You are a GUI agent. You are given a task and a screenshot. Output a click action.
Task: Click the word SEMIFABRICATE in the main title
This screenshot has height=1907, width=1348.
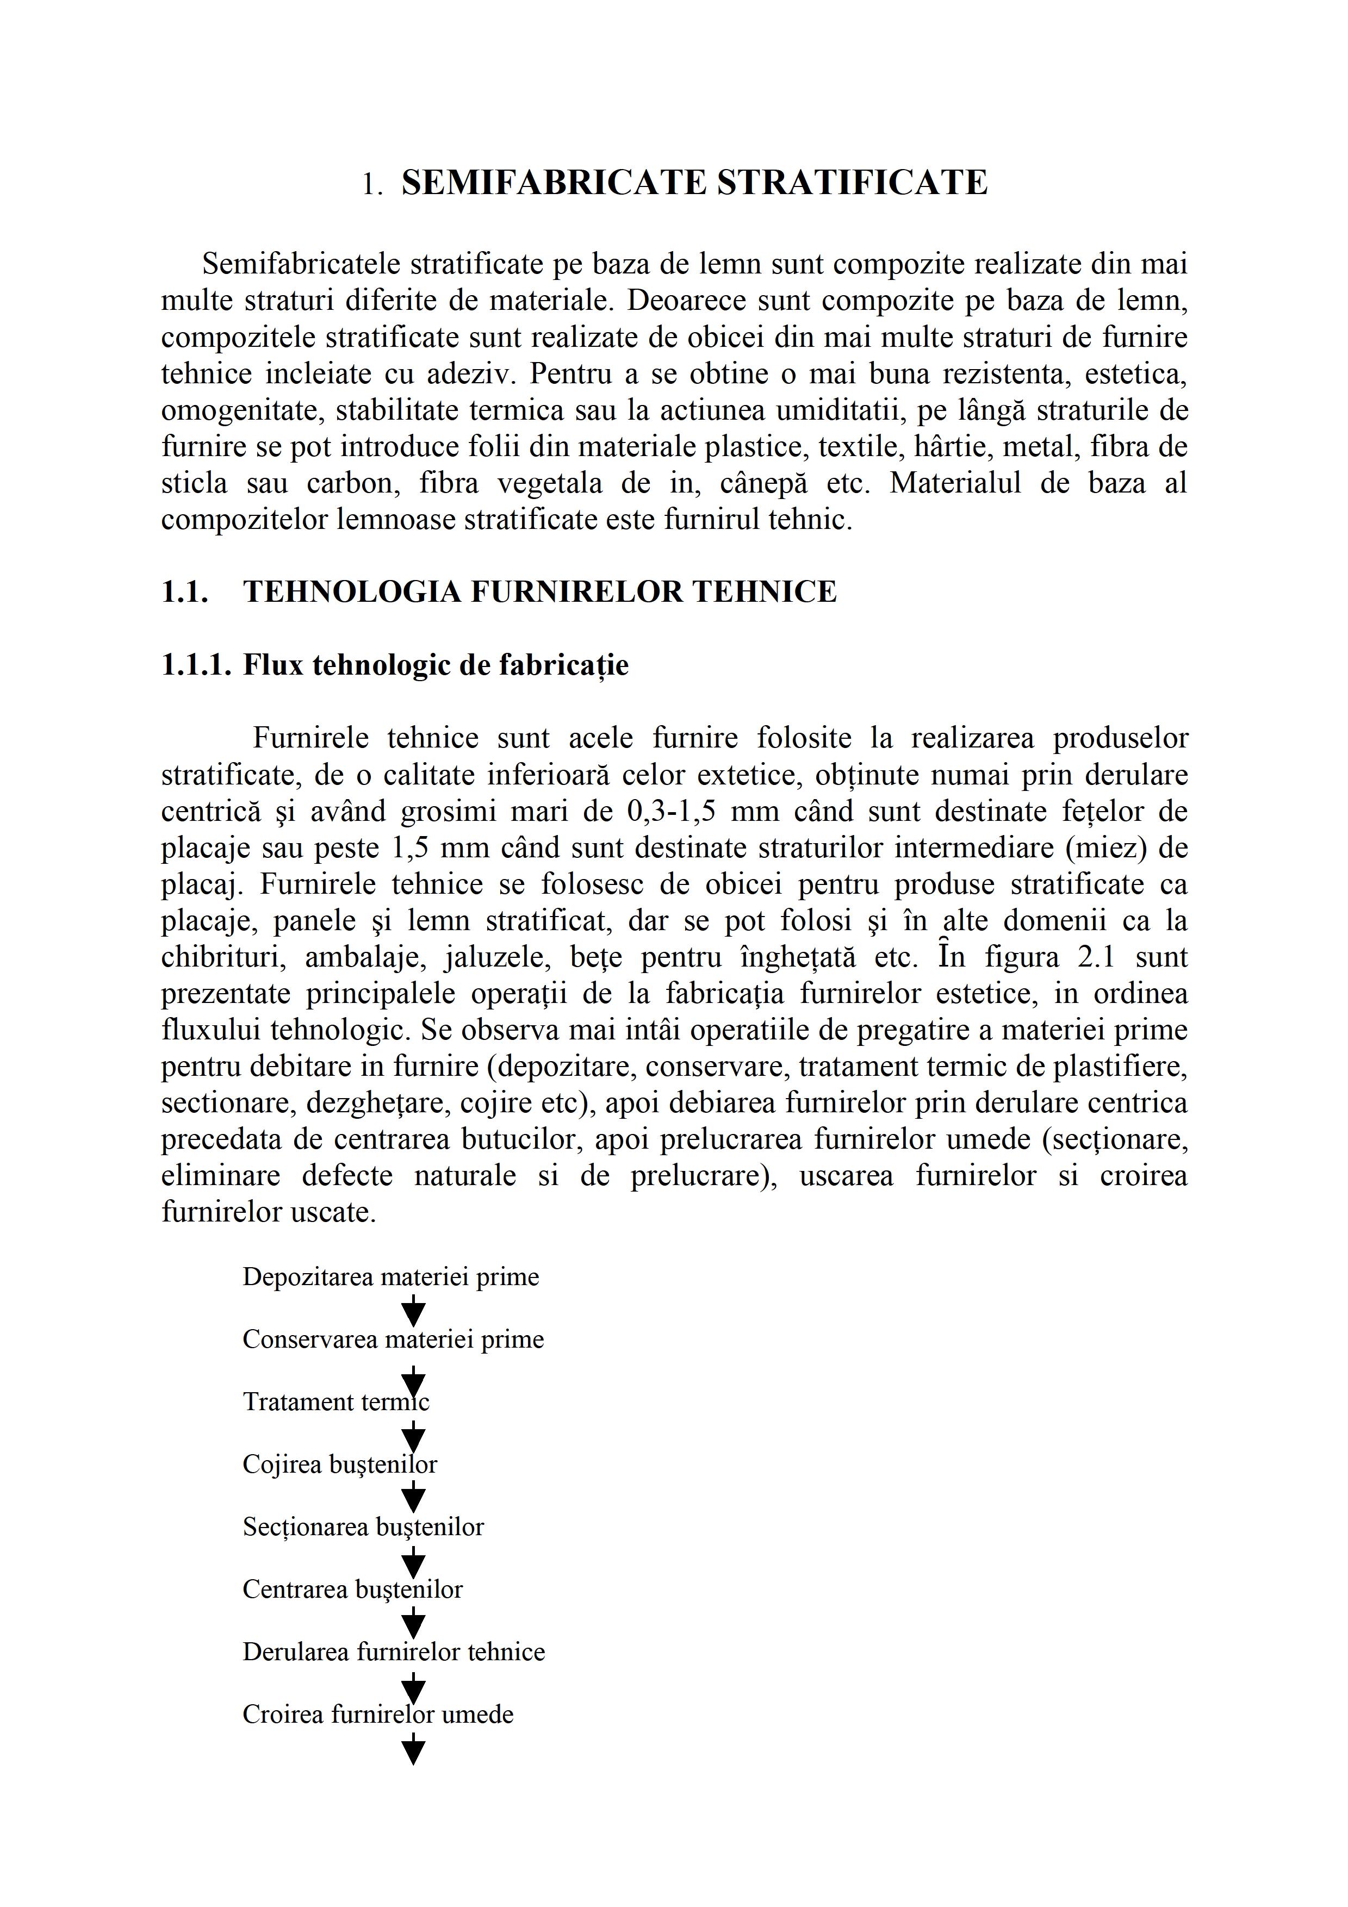click(554, 183)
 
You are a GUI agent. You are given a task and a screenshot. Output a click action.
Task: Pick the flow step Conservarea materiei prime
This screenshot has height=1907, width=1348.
click(393, 1339)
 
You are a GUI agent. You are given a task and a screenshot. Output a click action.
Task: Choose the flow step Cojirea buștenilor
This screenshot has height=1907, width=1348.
click(340, 1464)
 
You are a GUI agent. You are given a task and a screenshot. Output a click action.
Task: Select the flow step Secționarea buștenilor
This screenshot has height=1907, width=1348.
click(363, 1526)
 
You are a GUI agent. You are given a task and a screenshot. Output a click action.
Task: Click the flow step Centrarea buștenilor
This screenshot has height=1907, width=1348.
click(352, 1589)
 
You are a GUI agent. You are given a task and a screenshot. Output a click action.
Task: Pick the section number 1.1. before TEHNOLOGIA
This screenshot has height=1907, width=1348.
click(184, 591)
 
